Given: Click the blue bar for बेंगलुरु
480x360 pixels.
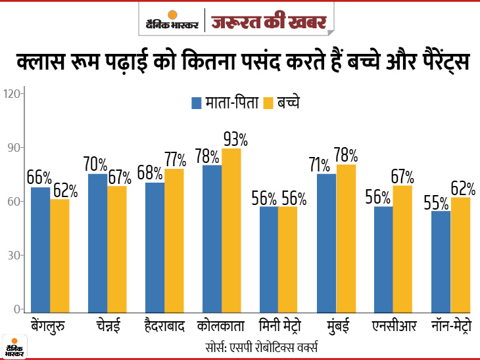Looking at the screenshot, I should (x=40, y=249).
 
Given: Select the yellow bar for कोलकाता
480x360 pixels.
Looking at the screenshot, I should (x=231, y=229).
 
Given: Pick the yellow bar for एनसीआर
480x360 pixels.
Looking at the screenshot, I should (x=402, y=248).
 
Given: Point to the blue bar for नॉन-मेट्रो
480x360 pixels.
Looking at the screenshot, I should (x=441, y=261).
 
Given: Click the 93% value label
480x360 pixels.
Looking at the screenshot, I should (x=235, y=139).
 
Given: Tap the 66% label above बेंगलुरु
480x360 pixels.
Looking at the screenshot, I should (x=39, y=177).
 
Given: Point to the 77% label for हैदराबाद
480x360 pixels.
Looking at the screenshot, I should (x=176, y=159).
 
